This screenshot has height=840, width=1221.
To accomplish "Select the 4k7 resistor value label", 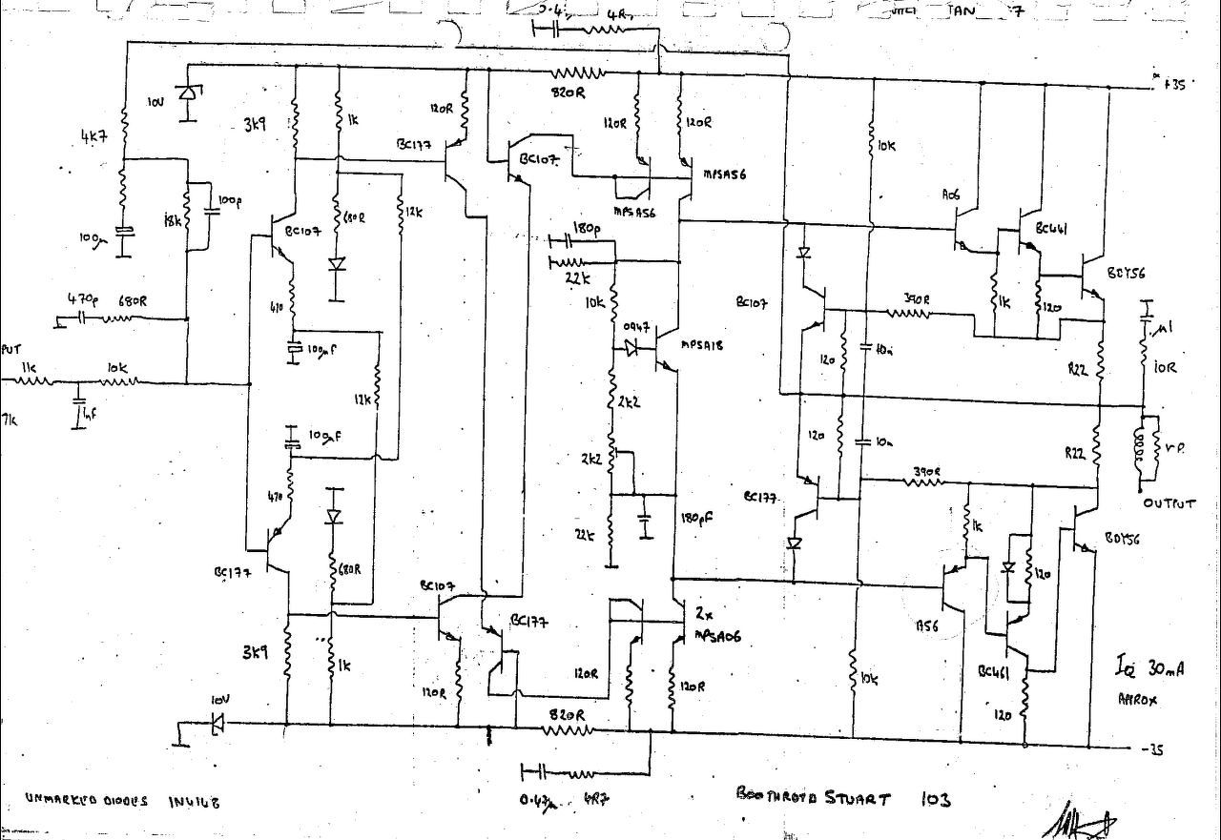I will click(x=95, y=136).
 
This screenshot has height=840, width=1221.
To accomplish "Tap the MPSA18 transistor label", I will click(x=702, y=346).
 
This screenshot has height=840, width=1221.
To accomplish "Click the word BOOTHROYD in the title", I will click(x=777, y=794).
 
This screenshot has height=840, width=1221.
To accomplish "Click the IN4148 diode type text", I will click(x=195, y=802).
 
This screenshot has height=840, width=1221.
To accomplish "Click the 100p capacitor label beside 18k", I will click(x=230, y=201).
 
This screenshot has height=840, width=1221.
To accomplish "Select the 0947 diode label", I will click(x=636, y=328).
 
